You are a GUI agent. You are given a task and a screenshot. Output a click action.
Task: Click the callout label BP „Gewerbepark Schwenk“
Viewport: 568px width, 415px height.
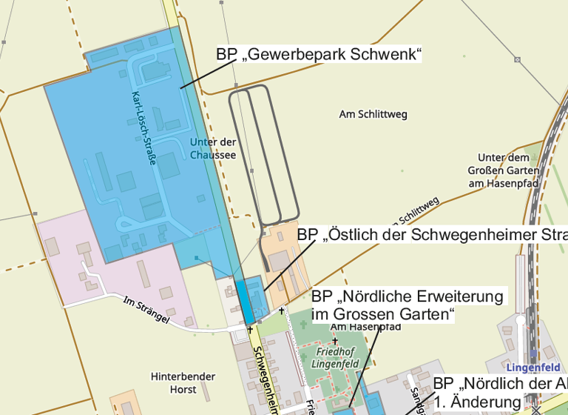click(318, 55)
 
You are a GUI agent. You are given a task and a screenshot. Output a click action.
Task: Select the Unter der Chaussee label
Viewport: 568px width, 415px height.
click(212, 148)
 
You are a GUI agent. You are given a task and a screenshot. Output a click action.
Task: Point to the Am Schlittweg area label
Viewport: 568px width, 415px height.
click(373, 115)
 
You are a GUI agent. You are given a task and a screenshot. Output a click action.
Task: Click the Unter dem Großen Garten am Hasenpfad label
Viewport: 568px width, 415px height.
click(507, 170)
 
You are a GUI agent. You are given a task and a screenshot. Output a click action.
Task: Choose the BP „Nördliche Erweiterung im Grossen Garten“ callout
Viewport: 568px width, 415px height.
click(407, 305)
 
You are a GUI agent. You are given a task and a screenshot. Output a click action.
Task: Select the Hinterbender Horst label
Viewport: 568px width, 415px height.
click(173, 382)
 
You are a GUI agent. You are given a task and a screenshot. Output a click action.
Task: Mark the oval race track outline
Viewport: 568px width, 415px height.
click(263, 154)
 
